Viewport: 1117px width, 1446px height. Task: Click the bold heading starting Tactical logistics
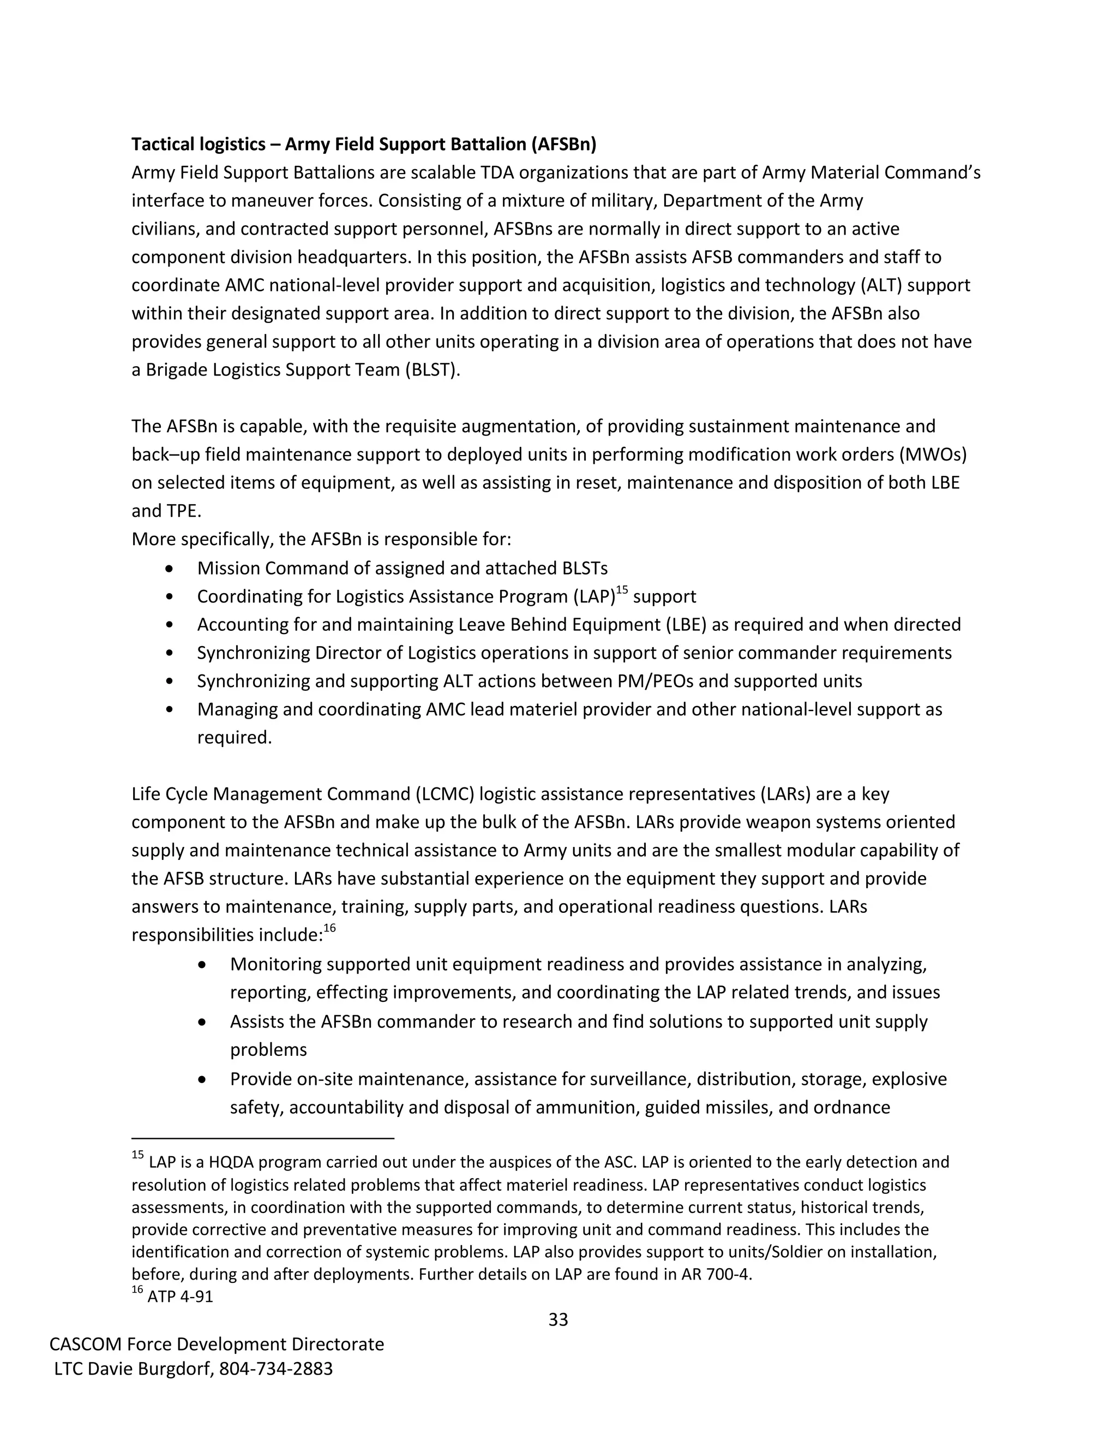(363, 145)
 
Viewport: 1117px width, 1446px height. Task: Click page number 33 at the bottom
(558, 1319)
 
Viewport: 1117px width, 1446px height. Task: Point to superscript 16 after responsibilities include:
(329, 928)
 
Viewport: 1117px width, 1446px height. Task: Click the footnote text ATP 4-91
(180, 1296)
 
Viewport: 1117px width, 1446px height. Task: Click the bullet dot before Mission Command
(171, 569)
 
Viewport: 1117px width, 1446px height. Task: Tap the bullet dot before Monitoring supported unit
(203, 965)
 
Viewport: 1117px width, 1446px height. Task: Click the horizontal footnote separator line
(263, 1138)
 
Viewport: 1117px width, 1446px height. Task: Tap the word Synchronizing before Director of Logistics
(254, 653)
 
